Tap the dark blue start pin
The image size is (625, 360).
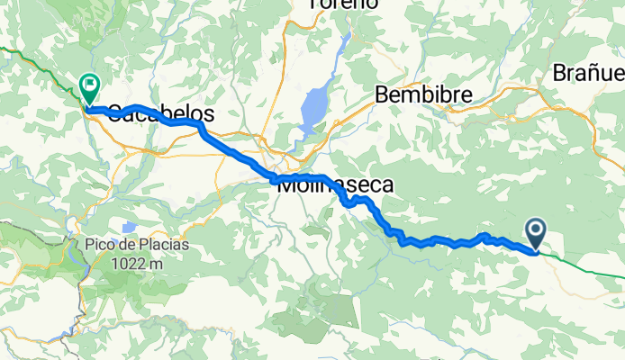point(536,234)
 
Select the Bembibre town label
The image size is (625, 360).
point(417,94)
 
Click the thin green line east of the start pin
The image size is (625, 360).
point(585,265)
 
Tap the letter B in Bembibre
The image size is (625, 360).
point(381,94)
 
